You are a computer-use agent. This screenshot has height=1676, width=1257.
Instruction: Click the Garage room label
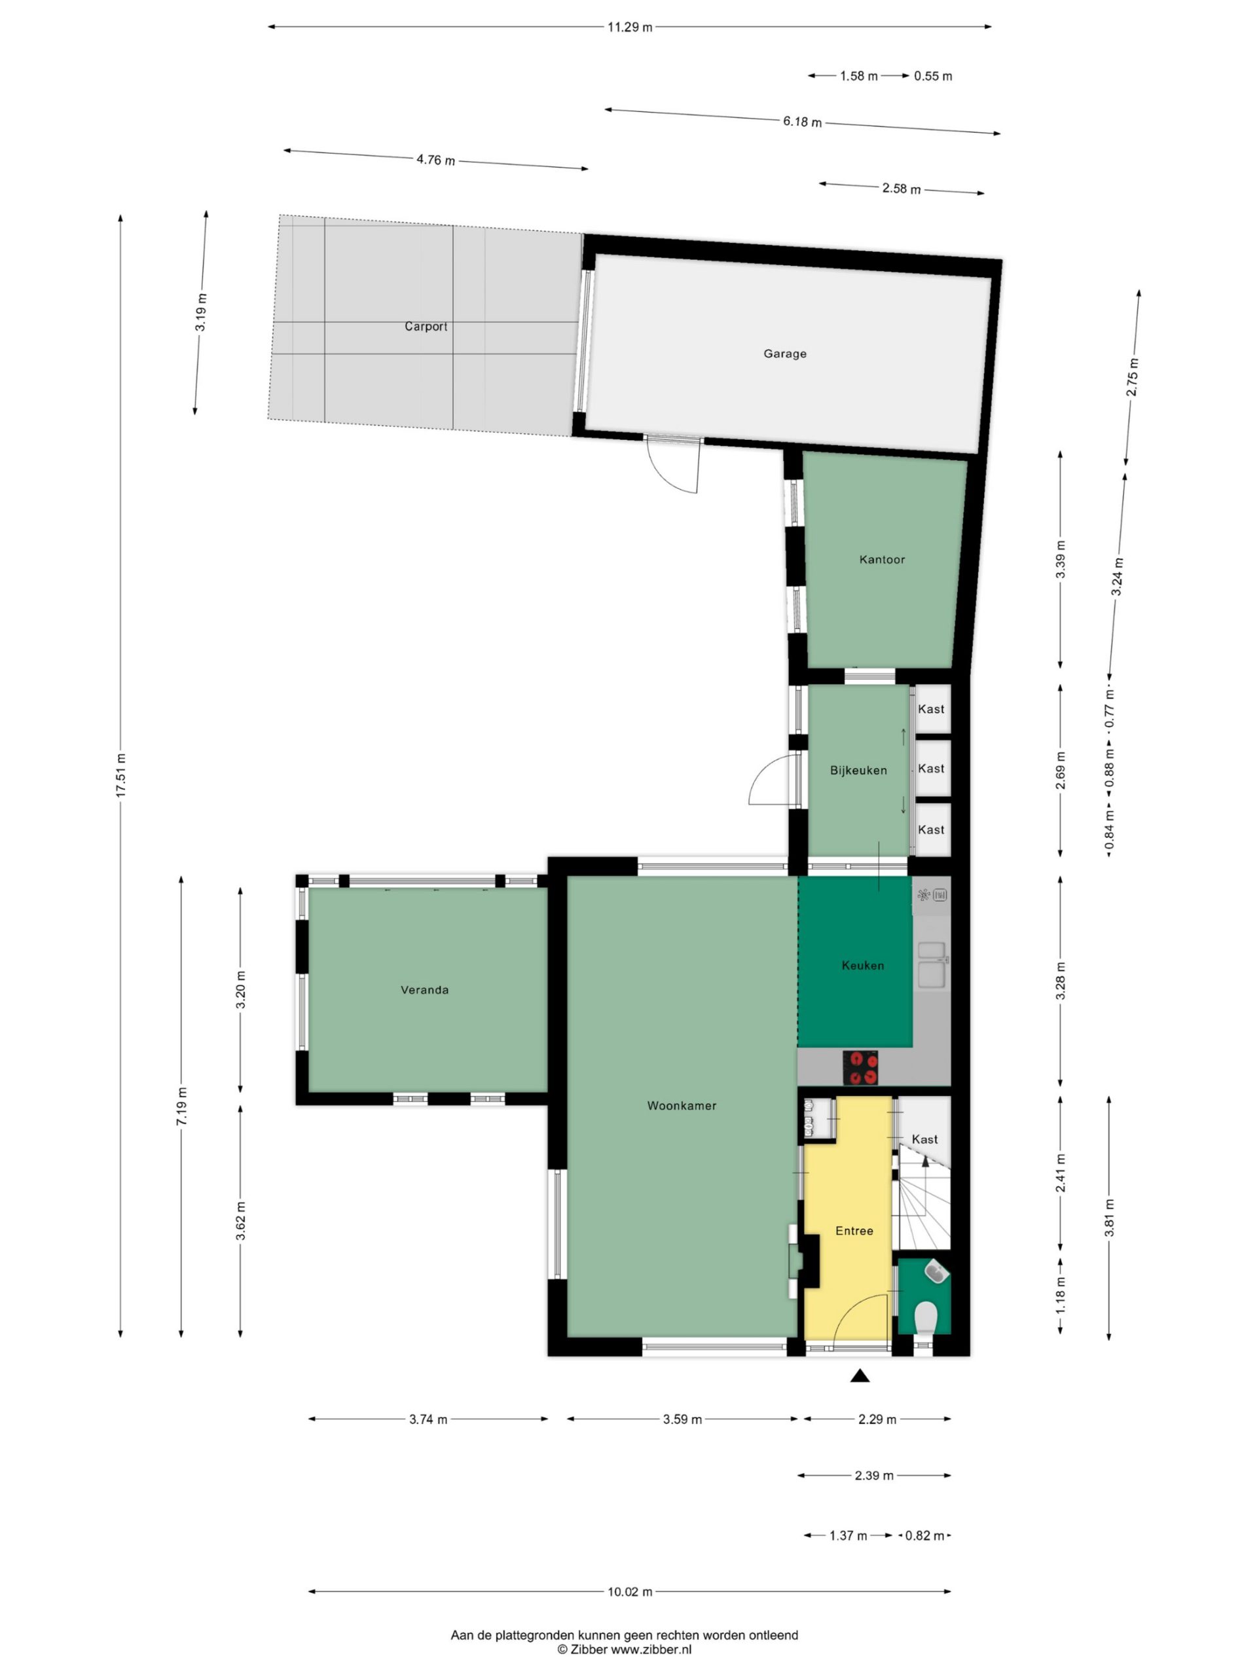[x=784, y=353]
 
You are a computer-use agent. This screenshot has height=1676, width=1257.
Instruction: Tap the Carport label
[x=426, y=327]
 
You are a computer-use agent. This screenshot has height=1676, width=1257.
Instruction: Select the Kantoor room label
[x=882, y=560]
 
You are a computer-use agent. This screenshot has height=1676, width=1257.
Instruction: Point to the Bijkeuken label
[x=858, y=771]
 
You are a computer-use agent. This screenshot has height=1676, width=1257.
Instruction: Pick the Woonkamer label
[x=682, y=1106]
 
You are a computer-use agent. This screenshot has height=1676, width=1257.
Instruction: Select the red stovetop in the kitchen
[x=860, y=1068]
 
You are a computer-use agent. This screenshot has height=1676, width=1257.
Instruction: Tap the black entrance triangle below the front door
[x=859, y=1375]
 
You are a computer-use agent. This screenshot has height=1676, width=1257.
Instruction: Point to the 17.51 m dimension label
[x=120, y=776]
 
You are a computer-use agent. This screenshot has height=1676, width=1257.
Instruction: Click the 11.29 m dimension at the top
[x=630, y=27]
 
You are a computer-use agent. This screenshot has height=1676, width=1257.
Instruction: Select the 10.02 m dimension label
[x=630, y=1592]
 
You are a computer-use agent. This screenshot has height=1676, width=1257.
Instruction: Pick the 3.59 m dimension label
[x=682, y=1419]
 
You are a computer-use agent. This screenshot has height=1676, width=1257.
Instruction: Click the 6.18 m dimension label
[x=803, y=121]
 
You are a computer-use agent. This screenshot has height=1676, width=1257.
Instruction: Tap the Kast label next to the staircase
[x=924, y=1140]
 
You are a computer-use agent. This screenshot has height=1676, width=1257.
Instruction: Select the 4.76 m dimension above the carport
[x=435, y=160]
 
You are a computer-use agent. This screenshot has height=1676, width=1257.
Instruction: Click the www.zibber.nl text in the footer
[x=651, y=1649]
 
